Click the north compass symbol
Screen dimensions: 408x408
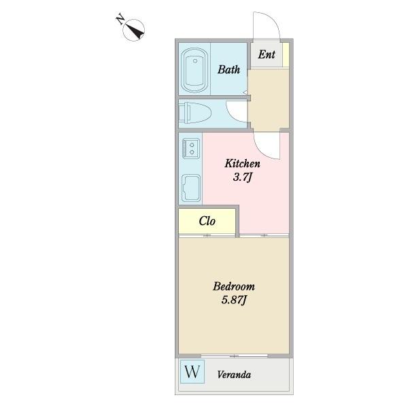pyautogui.click(x=133, y=30)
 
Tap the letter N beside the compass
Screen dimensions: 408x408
pyautogui.click(x=120, y=18)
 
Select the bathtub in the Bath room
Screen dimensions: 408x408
pyautogui.click(x=194, y=70)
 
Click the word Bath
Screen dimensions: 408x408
pyautogui.click(x=228, y=69)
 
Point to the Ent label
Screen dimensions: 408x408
pyautogui.click(x=267, y=54)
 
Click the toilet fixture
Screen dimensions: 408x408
pyautogui.click(x=195, y=113)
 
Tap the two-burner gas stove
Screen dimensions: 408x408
pyautogui.click(x=191, y=148)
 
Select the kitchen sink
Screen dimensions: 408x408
pyautogui.click(x=191, y=188)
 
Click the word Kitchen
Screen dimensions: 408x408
pyautogui.click(x=242, y=163)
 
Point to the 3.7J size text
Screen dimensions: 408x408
pyautogui.click(x=243, y=177)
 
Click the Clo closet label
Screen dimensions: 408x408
pyautogui.click(x=207, y=221)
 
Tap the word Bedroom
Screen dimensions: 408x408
pyautogui.click(x=234, y=286)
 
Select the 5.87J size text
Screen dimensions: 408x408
pyautogui.click(x=234, y=300)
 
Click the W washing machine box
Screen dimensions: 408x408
pyautogui.click(x=192, y=371)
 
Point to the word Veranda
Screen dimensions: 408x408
pyautogui.click(x=234, y=375)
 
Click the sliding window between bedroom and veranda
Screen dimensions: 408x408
pyautogui.click(x=235, y=356)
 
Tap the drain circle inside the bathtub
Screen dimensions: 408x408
pyautogui.click(x=195, y=61)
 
